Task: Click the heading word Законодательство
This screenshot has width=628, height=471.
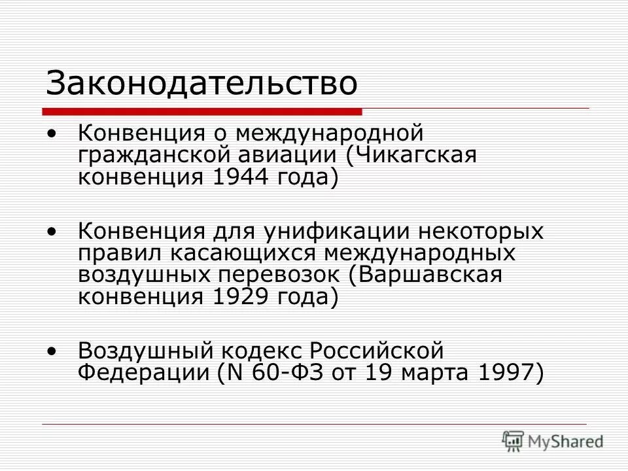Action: click(202, 84)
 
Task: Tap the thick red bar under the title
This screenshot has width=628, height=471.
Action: click(203, 110)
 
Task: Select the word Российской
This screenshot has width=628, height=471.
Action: click(377, 352)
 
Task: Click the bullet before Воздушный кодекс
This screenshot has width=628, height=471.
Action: click(52, 351)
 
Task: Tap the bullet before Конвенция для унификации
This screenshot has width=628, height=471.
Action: click(52, 232)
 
